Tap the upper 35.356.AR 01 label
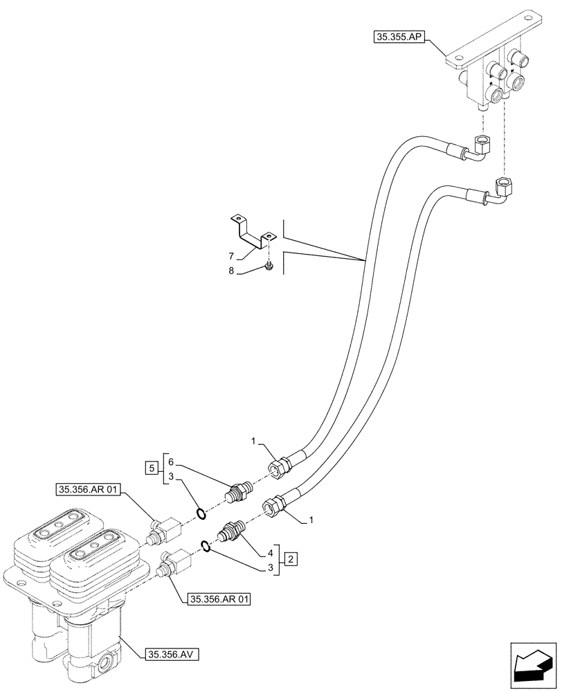tap(89, 491)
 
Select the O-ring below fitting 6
tap(201, 513)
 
